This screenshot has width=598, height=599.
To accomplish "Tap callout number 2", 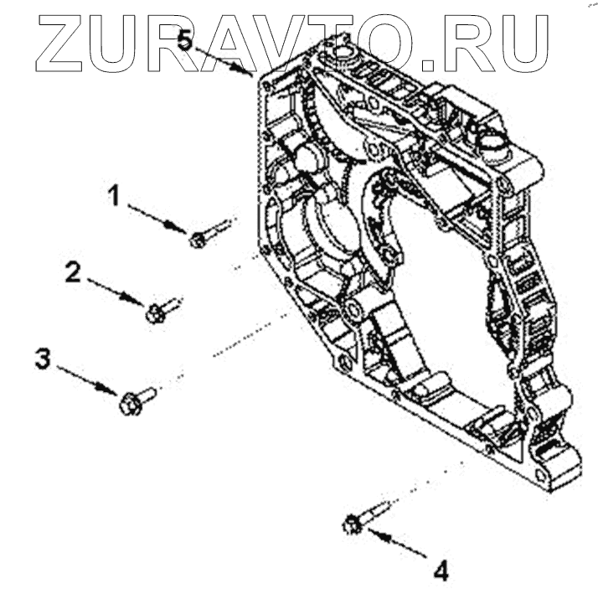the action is (75, 272).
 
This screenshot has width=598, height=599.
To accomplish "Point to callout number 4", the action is (441, 572).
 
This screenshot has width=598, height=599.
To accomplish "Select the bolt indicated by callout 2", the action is (162, 310).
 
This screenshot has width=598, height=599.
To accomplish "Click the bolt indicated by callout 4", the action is (363, 518).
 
